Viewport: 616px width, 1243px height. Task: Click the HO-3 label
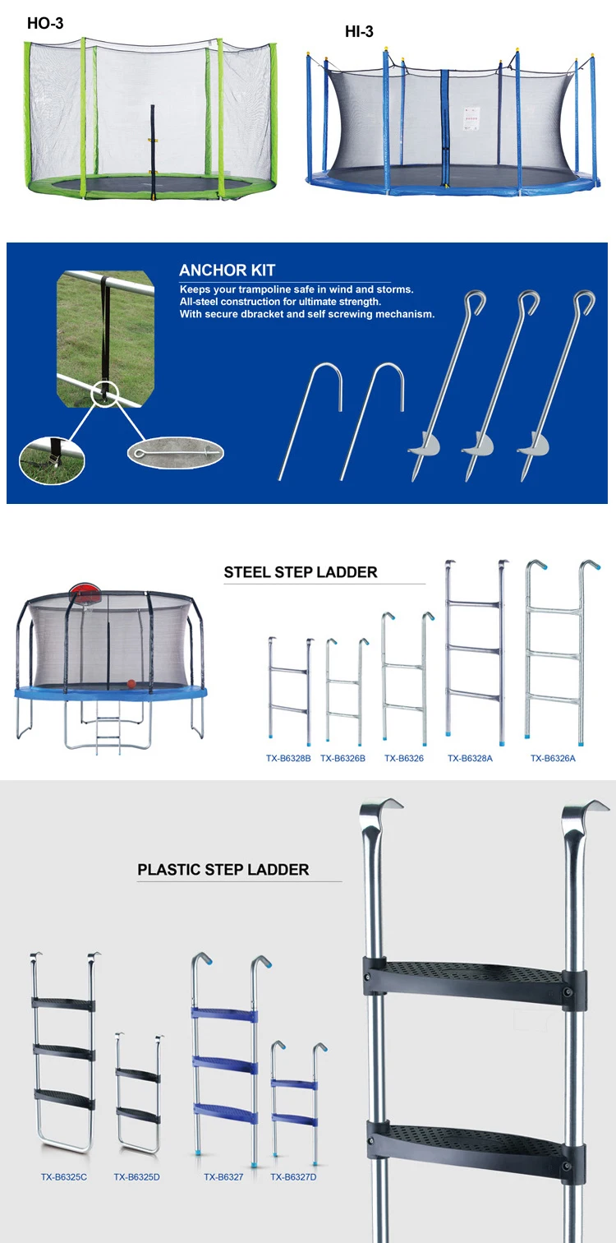45,24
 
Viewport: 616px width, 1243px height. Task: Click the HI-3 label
360,32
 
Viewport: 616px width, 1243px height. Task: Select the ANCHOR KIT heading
228,270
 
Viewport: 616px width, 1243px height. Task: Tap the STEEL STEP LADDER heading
301,572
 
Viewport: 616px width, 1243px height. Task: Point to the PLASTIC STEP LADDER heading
223,869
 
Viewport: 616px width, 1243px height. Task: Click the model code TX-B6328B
288,759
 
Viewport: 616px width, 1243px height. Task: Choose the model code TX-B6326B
342,759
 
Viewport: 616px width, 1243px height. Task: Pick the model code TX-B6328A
470,759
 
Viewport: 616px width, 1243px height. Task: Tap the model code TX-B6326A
553,759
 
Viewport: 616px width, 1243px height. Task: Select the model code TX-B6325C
64,1177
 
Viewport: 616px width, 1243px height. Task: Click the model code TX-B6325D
136,1177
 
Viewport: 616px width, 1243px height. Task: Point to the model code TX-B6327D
293,1177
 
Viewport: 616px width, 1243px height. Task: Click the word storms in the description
396,289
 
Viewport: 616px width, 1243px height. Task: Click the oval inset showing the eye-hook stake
175,452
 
